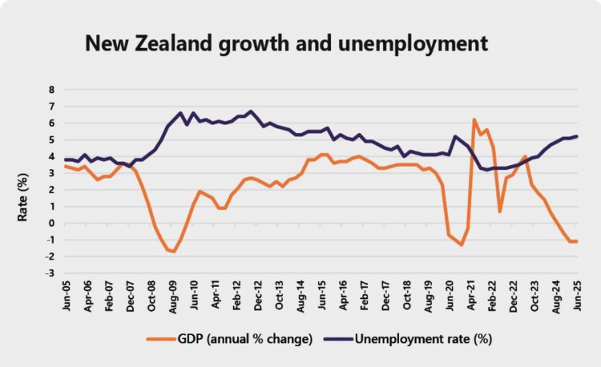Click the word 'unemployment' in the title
click(x=415, y=42)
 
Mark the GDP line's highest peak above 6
click(x=474, y=119)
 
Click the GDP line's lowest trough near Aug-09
click(x=173, y=252)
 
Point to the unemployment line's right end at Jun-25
click(x=577, y=136)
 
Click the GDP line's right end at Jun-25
click(x=577, y=241)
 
